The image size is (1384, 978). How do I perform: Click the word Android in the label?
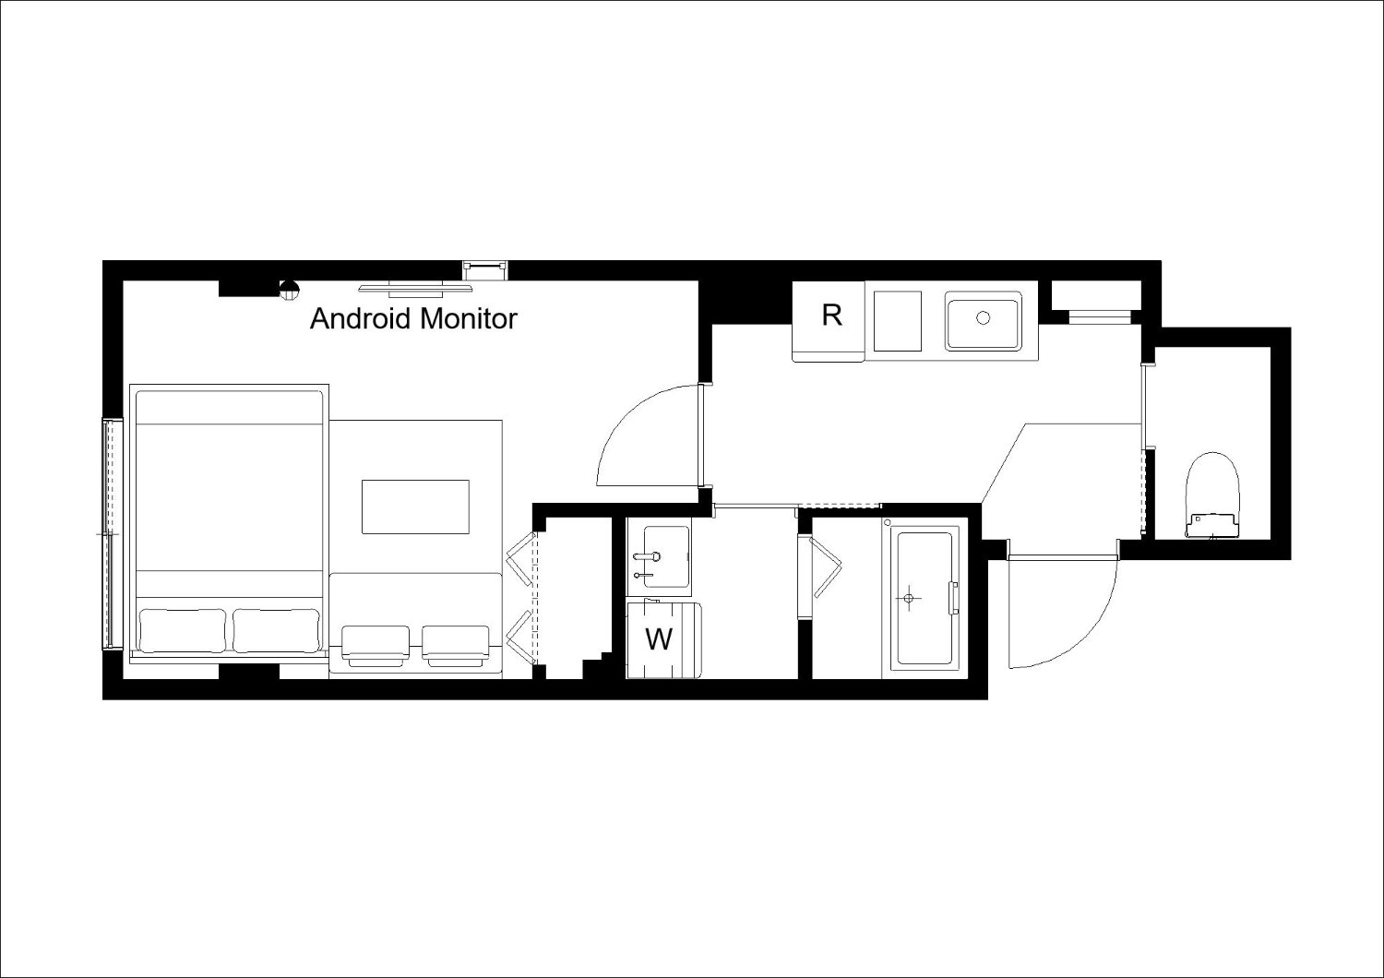(x=360, y=319)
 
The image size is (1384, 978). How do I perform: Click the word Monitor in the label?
(x=469, y=319)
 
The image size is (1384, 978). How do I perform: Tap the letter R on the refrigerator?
(x=831, y=316)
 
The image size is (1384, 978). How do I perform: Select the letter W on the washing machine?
(x=659, y=639)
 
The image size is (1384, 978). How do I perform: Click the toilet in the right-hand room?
(x=1213, y=495)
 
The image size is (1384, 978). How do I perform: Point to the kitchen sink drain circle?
(x=983, y=317)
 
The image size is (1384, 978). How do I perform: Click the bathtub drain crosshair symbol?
(x=908, y=598)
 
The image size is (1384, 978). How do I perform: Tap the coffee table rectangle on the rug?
(x=415, y=507)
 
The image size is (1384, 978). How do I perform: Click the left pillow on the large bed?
(x=183, y=630)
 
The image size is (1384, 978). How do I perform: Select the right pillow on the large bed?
(x=276, y=630)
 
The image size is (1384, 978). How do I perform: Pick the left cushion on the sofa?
(x=375, y=646)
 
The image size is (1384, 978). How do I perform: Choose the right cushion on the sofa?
(x=456, y=646)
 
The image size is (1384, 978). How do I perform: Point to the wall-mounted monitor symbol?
(x=416, y=288)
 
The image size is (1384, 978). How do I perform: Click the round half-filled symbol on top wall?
(x=289, y=289)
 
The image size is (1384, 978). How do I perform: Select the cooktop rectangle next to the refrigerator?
(x=899, y=321)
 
